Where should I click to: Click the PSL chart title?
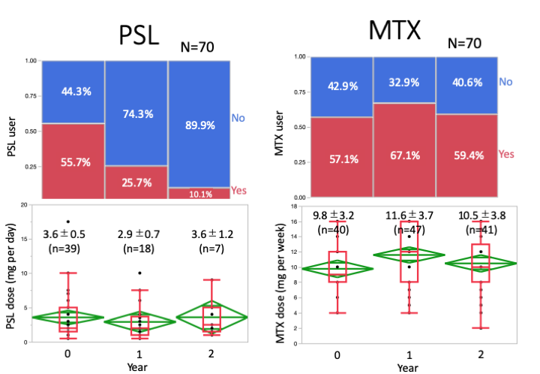[139, 35]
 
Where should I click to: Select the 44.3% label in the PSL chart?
[72, 92]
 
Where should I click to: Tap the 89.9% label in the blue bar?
[198, 125]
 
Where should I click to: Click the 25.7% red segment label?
[135, 182]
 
